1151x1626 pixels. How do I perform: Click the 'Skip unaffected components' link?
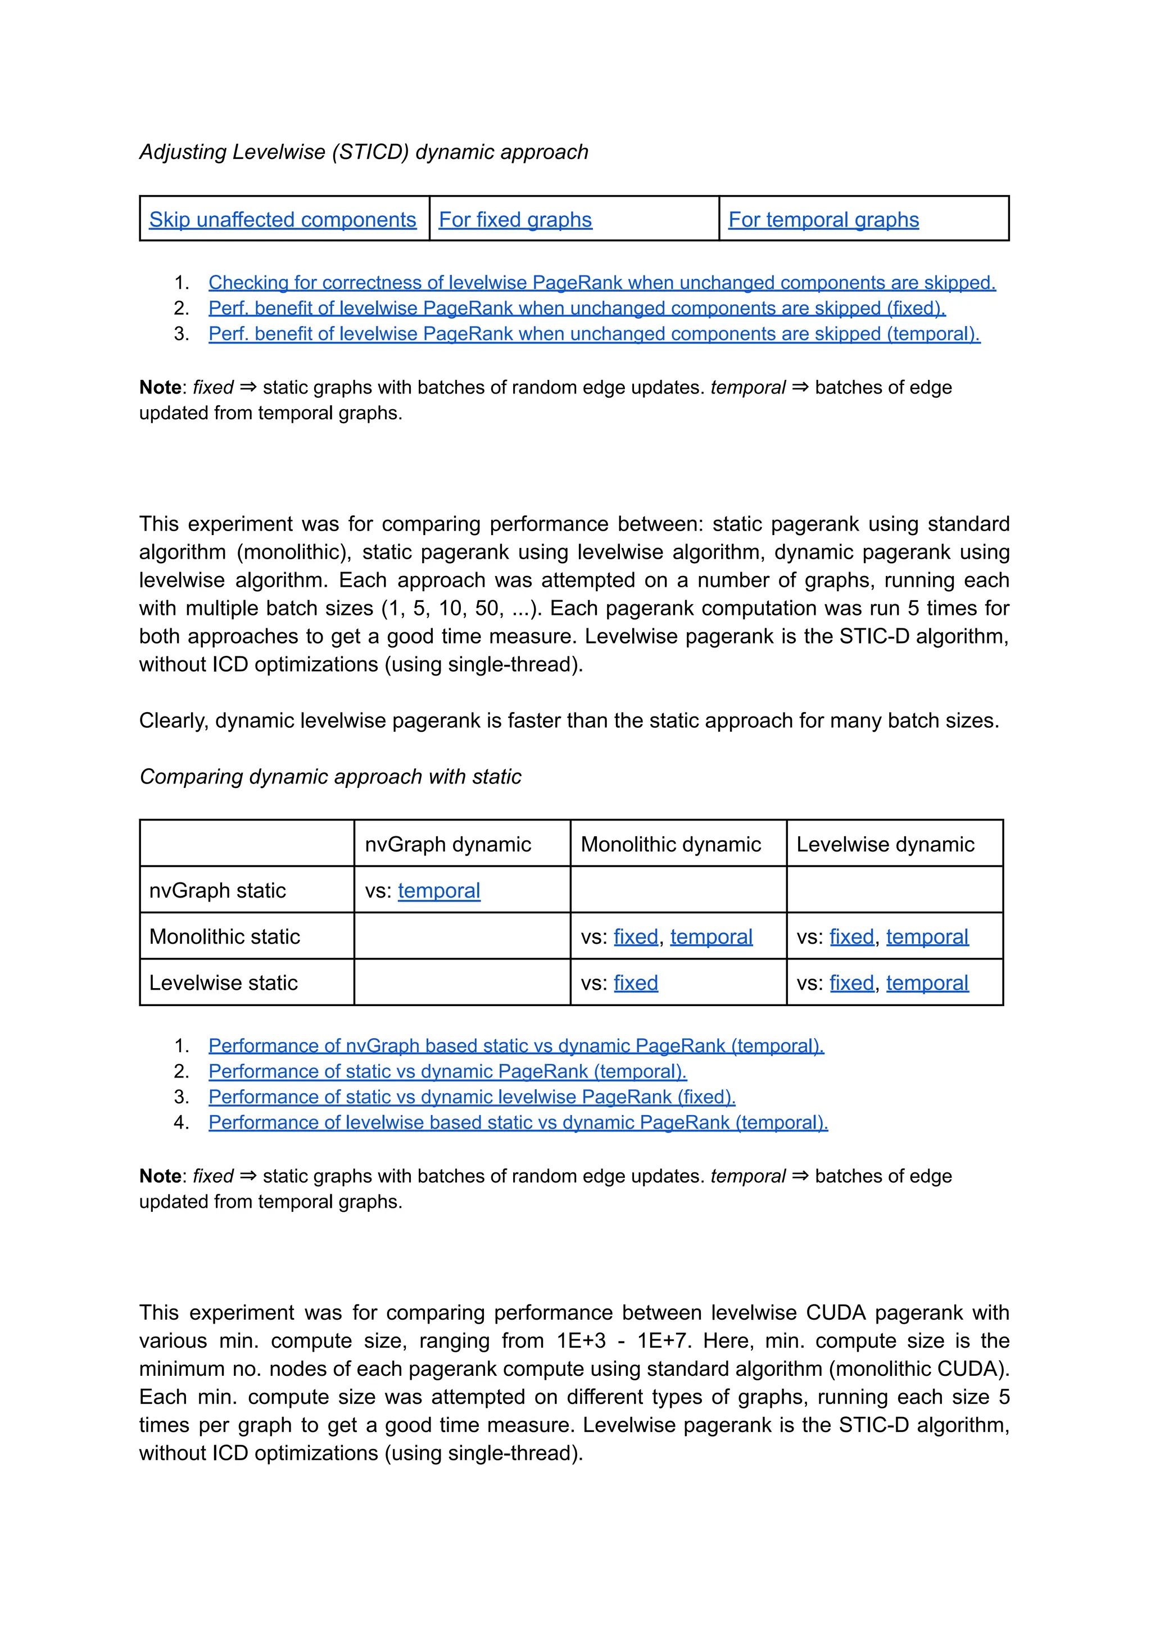[282, 220]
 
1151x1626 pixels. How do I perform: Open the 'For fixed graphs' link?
[515, 220]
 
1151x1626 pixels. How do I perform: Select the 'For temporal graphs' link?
[823, 220]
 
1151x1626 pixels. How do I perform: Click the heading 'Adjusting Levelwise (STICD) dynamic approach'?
[364, 152]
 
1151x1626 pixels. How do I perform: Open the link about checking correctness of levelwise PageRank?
[602, 283]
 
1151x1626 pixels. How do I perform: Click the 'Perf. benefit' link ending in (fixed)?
[577, 309]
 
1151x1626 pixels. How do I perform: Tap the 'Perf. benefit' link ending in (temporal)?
[594, 334]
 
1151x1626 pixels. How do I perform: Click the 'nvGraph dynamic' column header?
[448, 844]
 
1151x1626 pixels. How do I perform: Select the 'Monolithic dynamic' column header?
[670, 844]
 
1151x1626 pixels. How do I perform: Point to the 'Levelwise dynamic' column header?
[885, 844]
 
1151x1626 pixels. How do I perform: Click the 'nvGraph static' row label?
[217, 890]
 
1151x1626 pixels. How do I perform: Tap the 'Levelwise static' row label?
[223, 983]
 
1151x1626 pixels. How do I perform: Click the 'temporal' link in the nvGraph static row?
[439, 890]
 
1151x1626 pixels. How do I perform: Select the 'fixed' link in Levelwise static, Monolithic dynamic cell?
[636, 983]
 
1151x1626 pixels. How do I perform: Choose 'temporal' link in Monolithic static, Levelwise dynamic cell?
[927, 937]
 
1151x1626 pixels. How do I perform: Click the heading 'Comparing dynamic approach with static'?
[330, 777]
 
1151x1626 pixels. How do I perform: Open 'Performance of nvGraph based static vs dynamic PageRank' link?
[516, 1046]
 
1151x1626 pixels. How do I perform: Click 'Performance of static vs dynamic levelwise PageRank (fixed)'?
[472, 1097]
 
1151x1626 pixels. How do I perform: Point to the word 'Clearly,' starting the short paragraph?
[173, 721]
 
